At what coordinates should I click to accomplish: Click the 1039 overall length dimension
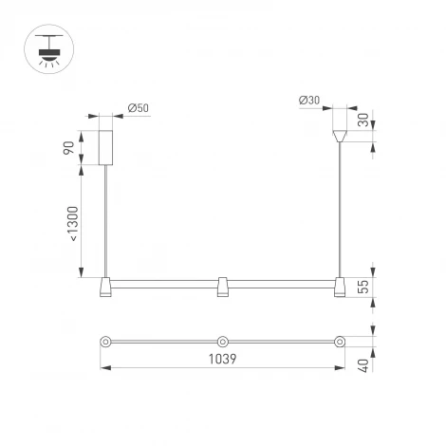coord(221,360)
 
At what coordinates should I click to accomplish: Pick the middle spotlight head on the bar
coord(221,287)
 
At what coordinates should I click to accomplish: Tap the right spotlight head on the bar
coord(337,287)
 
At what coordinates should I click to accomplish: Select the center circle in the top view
coord(221,340)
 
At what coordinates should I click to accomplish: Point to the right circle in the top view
coord(337,340)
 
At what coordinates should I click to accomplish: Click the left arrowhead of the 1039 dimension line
coord(102,370)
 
